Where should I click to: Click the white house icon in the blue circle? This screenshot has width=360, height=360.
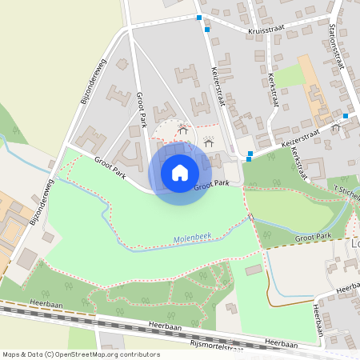[x=180, y=172]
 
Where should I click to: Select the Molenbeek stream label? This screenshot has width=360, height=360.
[x=192, y=239]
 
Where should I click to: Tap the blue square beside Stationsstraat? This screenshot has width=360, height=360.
[x=346, y=115]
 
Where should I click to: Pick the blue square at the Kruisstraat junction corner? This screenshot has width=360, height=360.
[x=199, y=16]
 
